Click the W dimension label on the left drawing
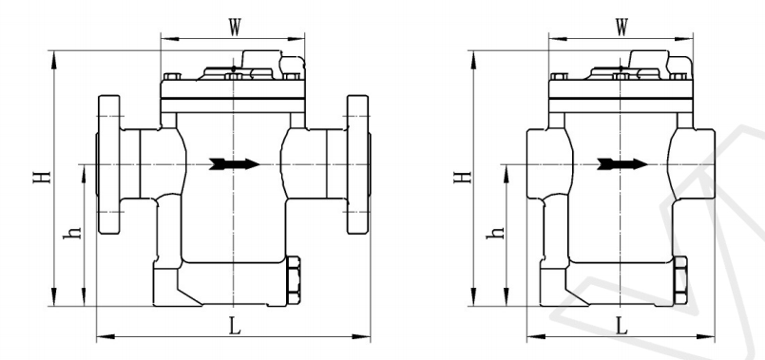(x=235, y=28)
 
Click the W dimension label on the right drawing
(x=622, y=28)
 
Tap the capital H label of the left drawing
(x=43, y=176)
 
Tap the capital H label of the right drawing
(x=463, y=176)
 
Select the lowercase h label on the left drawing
(x=73, y=232)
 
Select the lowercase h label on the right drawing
(x=496, y=232)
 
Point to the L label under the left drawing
(x=235, y=327)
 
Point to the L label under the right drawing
(x=622, y=327)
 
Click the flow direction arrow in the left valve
(x=234, y=164)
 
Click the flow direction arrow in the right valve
(x=622, y=164)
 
